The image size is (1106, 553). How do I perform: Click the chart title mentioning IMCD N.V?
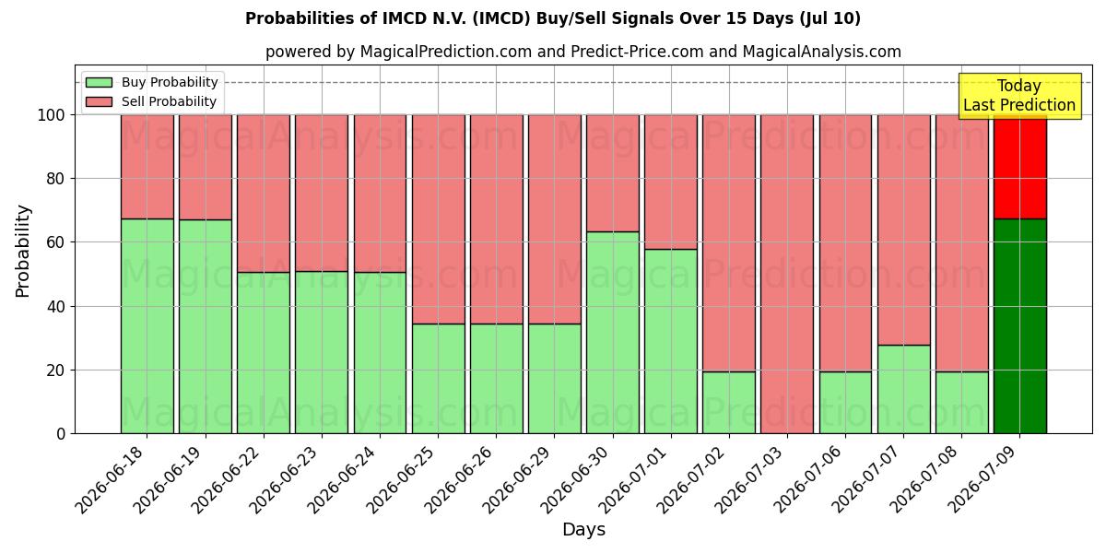[x=552, y=18]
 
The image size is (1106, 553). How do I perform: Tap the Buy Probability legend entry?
[x=151, y=82]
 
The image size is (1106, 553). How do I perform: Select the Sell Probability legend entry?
[x=151, y=101]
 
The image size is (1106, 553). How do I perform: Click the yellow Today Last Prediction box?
[x=1019, y=96]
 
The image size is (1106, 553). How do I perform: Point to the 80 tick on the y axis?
[x=55, y=179]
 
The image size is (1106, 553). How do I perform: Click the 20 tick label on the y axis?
[x=55, y=371]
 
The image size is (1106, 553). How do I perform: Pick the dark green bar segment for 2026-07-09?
[x=1020, y=326]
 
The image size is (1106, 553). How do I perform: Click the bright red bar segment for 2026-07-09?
[x=1020, y=167]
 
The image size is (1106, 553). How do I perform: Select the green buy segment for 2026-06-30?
[x=613, y=333]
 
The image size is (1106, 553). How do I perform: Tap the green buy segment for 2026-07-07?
[x=903, y=390]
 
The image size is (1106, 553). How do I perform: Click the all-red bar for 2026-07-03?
[x=787, y=274]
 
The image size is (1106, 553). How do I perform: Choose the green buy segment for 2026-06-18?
[x=147, y=326]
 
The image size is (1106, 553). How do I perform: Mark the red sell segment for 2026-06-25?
[x=439, y=219]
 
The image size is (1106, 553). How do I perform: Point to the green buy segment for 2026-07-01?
[x=671, y=341]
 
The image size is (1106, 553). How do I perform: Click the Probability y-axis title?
[x=23, y=251]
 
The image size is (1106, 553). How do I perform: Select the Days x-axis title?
[x=583, y=529]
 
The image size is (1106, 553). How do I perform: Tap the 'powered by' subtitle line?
[x=583, y=52]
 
